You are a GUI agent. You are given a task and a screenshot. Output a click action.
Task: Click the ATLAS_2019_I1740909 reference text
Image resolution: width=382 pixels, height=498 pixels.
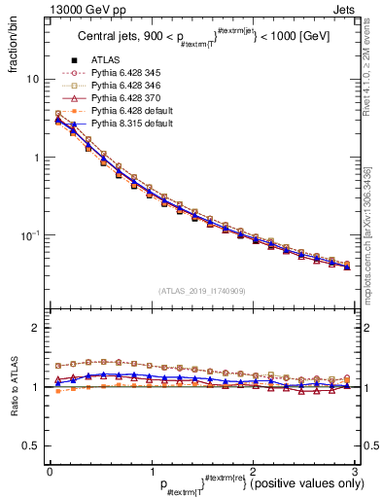click(201, 291)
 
